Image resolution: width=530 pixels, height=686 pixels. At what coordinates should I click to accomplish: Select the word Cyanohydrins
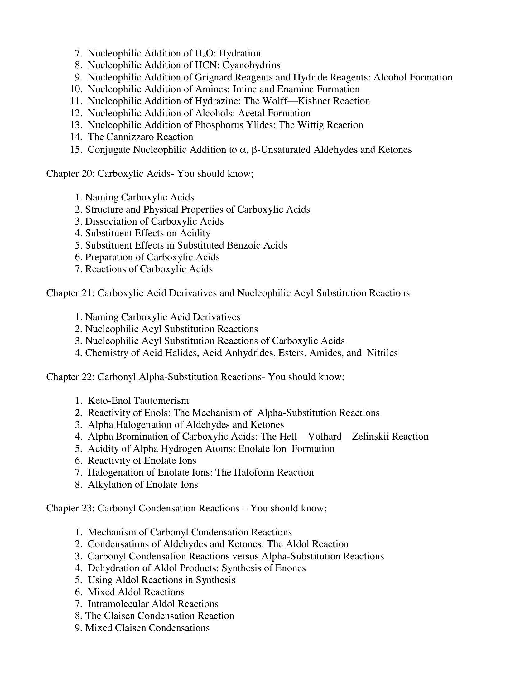[x=251, y=65]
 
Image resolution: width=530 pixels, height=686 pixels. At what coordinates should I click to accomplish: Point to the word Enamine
[x=295, y=89]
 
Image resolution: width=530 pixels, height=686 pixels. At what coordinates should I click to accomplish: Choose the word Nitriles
[x=382, y=353]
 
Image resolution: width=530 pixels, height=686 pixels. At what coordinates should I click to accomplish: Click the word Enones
[x=290, y=568]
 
